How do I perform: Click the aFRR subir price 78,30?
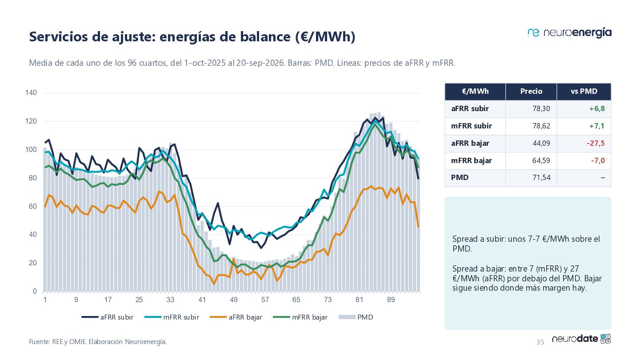(x=541, y=108)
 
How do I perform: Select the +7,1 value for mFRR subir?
(x=597, y=126)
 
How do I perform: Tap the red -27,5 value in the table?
(x=596, y=143)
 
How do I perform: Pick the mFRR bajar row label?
(x=472, y=160)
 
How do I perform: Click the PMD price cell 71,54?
(x=541, y=177)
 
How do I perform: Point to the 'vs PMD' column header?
(x=584, y=91)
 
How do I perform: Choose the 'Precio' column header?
(x=531, y=91)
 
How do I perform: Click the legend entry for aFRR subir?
(x=108, y=317)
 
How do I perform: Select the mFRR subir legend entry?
(x=172, y=317)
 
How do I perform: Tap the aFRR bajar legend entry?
(x=236, y=317)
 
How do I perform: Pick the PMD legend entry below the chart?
(x=356, y=317)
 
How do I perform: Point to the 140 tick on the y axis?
(x=31, y=92)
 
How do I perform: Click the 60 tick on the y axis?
(x=32, y=206)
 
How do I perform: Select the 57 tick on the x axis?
(x=265, y=300)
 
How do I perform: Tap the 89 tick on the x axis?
(x=391, y=300)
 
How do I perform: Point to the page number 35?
(x=540, y=342)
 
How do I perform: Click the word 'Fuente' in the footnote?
(x=39, y=342)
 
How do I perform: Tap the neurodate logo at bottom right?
(x=581, y=339)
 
